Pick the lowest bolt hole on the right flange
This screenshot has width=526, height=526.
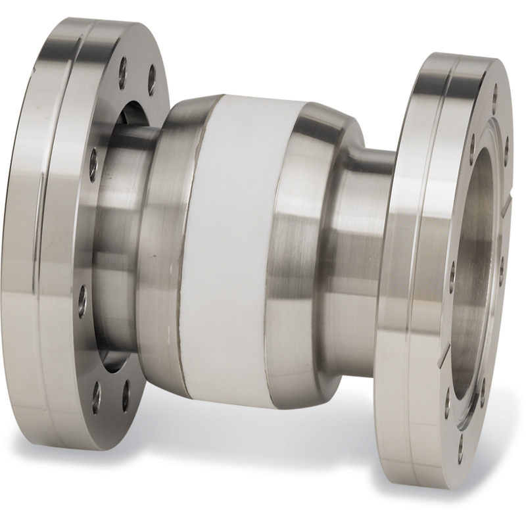pyautogui.click(x=460, y=440)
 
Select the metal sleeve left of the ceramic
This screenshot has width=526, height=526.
pyautogui.click(x=164, y=250)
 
